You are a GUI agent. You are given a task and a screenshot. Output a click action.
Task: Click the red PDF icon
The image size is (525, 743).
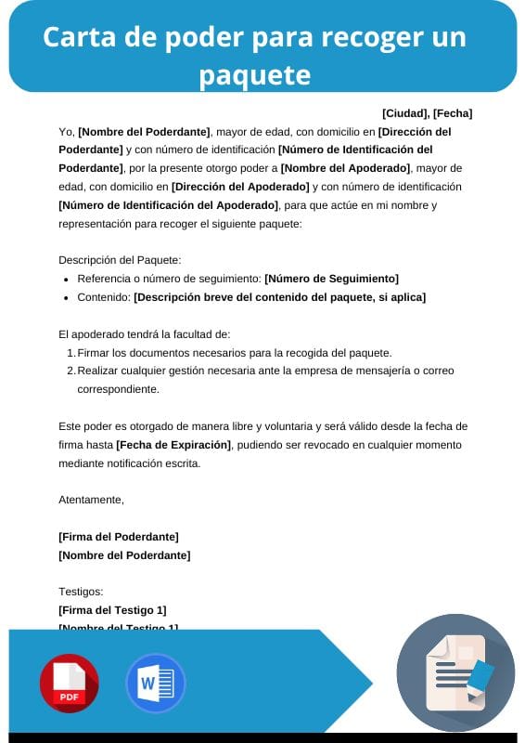69,684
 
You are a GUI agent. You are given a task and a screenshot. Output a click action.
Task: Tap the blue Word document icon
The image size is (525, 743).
156,684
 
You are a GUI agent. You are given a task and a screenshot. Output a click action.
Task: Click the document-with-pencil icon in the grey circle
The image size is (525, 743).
455,672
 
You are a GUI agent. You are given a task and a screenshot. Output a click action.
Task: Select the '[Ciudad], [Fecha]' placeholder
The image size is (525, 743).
427,113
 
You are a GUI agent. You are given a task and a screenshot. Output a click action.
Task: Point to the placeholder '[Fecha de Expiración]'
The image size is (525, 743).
173,445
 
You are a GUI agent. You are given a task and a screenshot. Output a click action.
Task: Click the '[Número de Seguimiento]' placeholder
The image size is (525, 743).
331,279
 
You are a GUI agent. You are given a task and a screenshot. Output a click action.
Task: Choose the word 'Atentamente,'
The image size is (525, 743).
91,500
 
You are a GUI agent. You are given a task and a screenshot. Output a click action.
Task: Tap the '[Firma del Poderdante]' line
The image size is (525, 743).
118,537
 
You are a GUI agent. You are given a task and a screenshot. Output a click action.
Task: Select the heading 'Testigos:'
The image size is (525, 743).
81,592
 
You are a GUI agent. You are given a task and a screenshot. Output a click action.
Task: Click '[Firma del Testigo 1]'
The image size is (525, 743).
112,610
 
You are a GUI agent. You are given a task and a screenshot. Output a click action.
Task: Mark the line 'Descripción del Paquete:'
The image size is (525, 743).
120,260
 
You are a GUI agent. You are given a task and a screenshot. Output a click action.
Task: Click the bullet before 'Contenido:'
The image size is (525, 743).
66,298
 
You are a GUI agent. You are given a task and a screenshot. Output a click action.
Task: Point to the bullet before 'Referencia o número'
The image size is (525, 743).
66,280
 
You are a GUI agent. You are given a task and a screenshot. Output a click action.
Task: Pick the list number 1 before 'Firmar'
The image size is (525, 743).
70,353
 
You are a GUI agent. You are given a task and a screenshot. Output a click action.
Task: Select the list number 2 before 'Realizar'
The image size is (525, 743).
70,371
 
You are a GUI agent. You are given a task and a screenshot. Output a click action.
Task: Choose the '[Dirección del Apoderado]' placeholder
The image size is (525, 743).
240,187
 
